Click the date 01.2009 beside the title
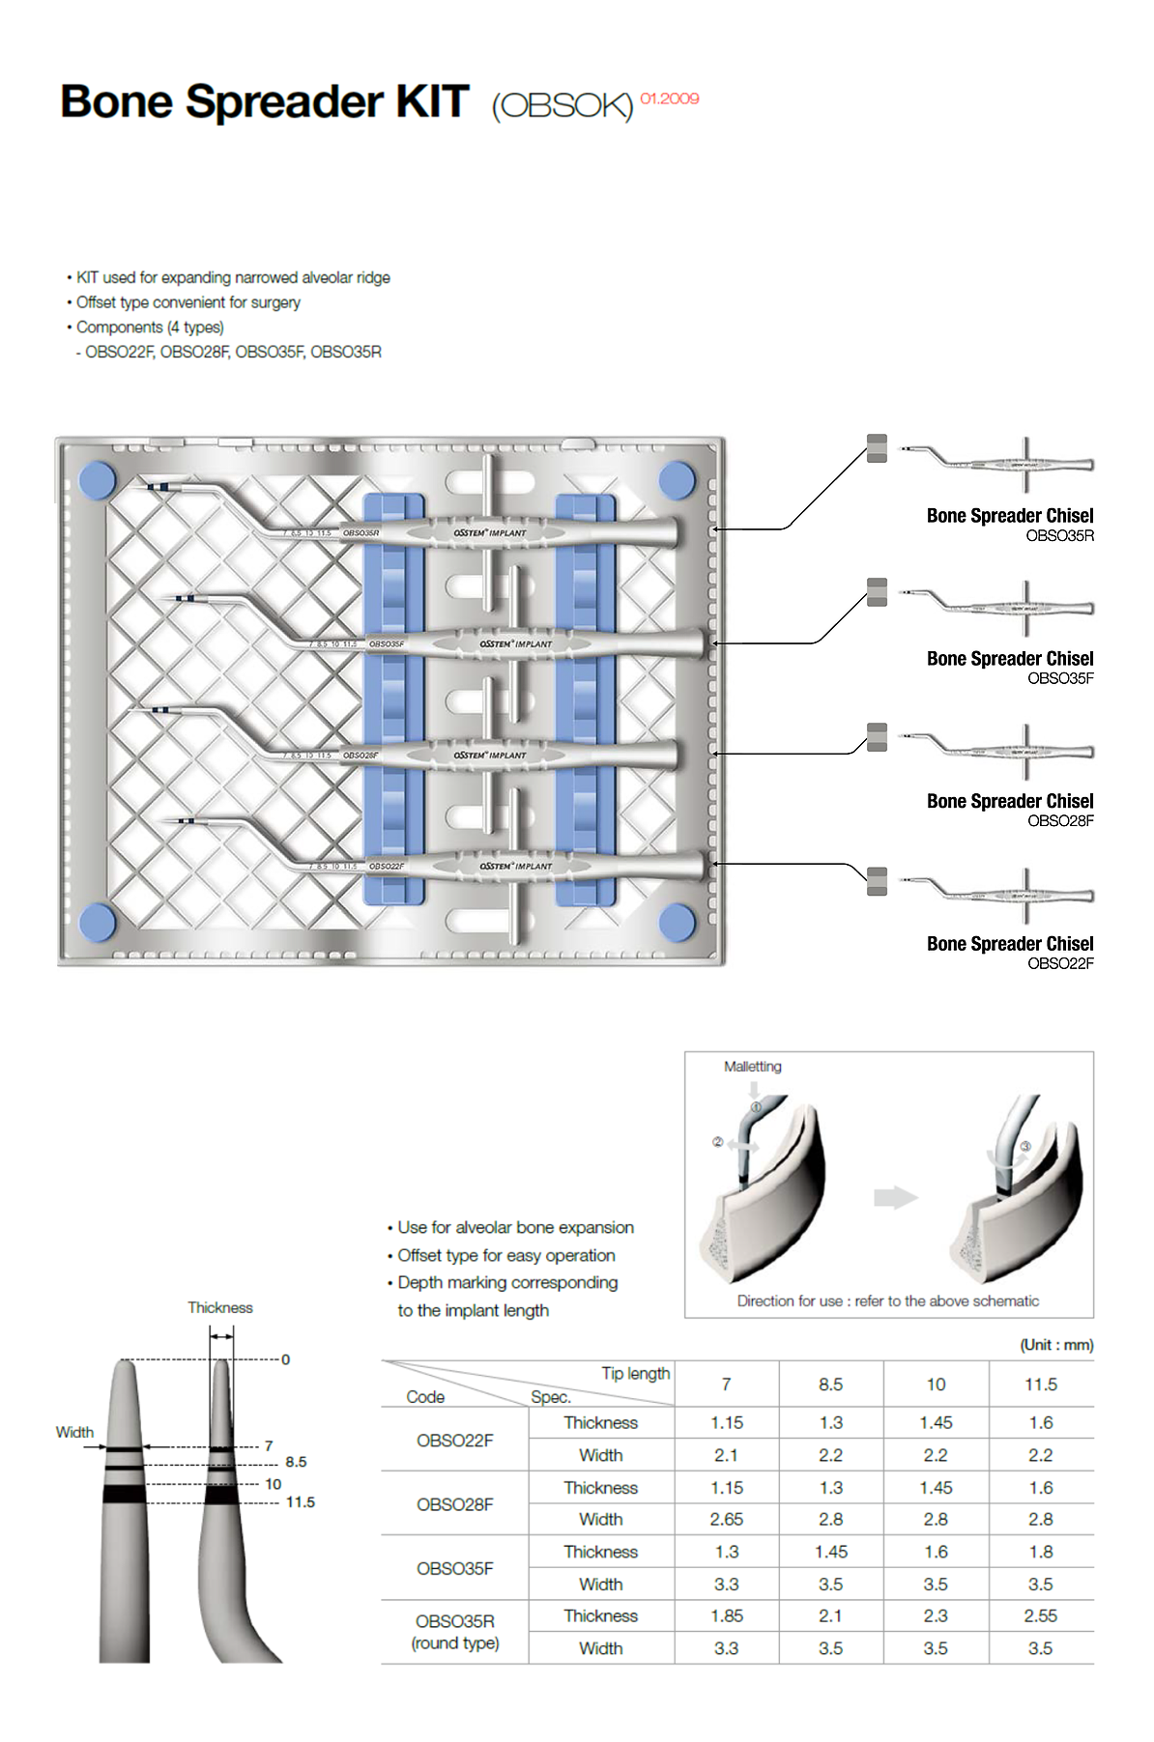tap(669, 99)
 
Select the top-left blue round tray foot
tap(97, 480)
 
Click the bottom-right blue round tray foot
tap(677, 922)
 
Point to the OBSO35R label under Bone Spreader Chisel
tap(1059, 536)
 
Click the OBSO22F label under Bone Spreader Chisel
tap(1060, 964)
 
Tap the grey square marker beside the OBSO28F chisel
tap(877, 737)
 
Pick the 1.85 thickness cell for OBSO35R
tap(726, 1615)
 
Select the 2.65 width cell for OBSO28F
tap(726, 1519)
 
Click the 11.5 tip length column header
tap(1040, 1385)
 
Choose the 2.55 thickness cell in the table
tap(1040, 1615)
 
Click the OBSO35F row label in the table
tap(454, 1568)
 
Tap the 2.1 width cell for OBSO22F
tap(726, 1455)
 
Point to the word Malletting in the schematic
tap(752, 1067)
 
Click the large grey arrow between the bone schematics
tap(895, 1197)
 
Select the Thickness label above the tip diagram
tap(219, 1308)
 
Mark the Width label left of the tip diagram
tap(74, 1432)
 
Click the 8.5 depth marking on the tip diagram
tap(296, 1462)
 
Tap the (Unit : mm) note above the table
tap(1056, 1345)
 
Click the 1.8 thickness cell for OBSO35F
tap(1040, 1552)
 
